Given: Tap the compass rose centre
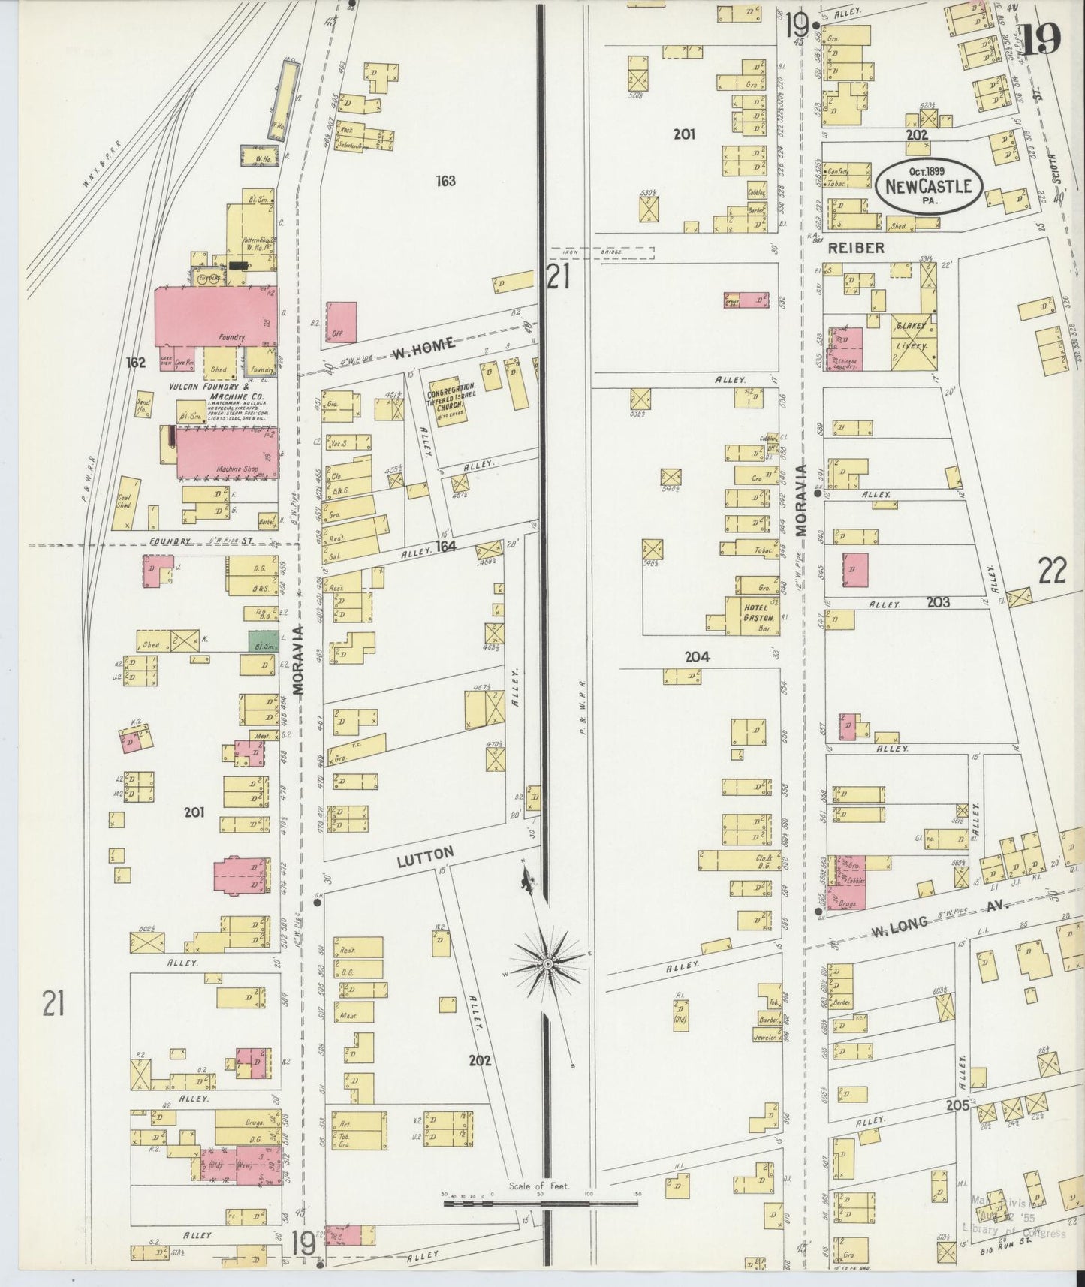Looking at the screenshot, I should coord(548,963).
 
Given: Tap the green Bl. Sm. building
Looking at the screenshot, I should coord(261,642).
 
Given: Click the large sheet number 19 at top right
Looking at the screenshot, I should coord(1041,38).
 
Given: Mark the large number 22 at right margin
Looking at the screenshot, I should coord(1052,573).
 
